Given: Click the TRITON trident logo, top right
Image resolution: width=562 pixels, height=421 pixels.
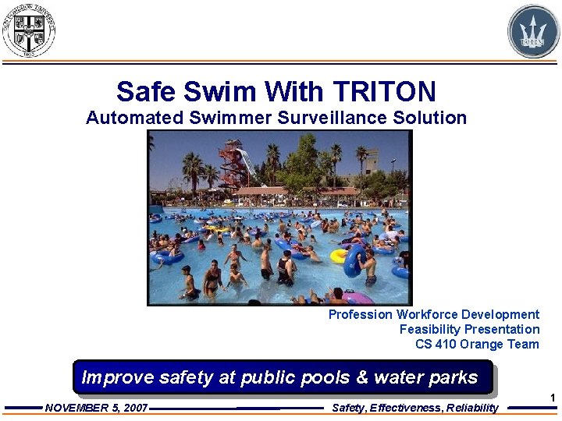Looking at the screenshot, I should [534, 31].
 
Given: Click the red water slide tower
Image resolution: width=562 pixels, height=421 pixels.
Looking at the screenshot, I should [232, 164].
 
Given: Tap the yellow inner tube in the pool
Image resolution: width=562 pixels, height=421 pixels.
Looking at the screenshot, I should [339, 255].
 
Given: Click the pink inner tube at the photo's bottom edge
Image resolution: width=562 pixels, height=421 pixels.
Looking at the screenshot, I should [357, 298].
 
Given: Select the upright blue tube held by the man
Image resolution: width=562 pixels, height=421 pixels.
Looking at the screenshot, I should [353, 261].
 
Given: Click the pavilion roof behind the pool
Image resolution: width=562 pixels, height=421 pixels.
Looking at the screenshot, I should [269, 191].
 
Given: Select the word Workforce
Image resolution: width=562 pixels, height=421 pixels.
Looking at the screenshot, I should [426, 314].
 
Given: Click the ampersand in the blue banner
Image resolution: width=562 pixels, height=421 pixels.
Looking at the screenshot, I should [362, 377].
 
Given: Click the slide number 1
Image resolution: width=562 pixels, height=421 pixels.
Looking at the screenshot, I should [552, 398].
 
